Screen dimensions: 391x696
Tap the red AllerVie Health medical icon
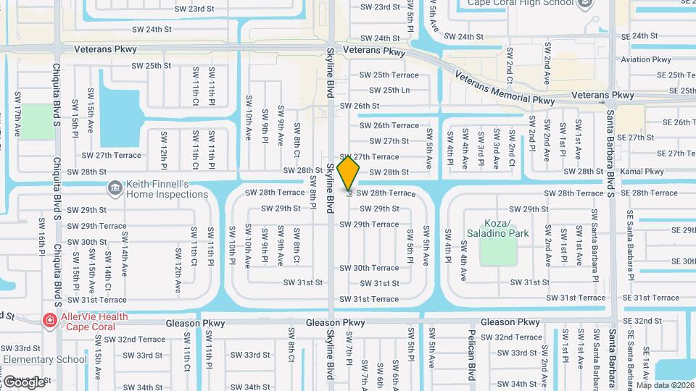[x=49, y=320]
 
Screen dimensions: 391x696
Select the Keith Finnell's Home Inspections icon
[x=115, y=189]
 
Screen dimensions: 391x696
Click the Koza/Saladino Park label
[x=507, y=227]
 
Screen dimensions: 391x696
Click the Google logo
[x=23, y=382]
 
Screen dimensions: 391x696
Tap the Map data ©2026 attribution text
[x=665, y=384]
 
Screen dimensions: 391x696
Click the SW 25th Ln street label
[x=389, y=91]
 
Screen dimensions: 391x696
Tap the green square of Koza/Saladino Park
[x=498, y=251]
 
